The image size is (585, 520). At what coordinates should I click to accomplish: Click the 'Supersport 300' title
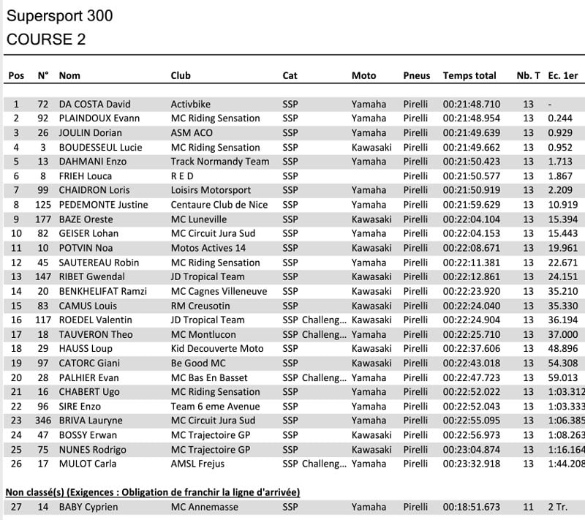(60, 15)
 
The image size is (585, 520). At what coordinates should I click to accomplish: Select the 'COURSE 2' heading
(45, 39)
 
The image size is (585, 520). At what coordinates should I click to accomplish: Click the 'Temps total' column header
(469, 75)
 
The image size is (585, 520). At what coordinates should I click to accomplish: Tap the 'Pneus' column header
(417, 75)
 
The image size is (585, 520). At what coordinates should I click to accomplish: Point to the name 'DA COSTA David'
(94, 104)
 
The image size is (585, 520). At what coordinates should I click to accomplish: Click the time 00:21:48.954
(472, 118)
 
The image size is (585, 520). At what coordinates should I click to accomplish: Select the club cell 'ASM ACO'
(192, 133)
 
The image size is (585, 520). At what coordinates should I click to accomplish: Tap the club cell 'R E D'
(184, 176)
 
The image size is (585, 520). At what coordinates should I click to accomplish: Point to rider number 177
(43, 219)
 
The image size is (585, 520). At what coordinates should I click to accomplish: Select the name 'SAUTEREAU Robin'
(99, 263)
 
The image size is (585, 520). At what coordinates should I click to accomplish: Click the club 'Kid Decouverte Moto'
(217, 349)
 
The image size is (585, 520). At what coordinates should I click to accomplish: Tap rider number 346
(43, 421)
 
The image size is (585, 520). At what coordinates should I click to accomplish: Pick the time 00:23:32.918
(472, 464)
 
